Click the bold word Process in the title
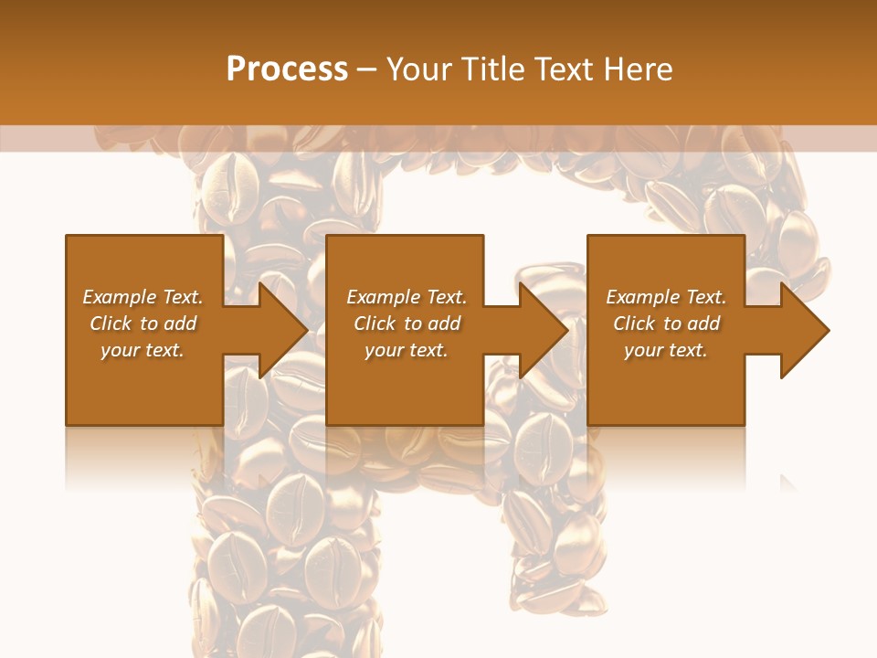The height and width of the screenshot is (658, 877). [x=287, y=69]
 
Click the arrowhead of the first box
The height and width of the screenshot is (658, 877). [x=283, y=330]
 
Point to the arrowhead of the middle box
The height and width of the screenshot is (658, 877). [x=544, y=330]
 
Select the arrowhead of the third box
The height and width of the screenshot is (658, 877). [x=804, y=330]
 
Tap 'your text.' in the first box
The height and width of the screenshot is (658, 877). [x=143, y=350]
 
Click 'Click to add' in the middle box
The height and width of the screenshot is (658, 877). [x=407, y=324]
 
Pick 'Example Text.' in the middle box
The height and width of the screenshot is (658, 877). [x=407, y=297]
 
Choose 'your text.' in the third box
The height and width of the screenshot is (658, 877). [x=665, y=350]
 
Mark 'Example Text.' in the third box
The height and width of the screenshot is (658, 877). [x=665, y=297]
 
